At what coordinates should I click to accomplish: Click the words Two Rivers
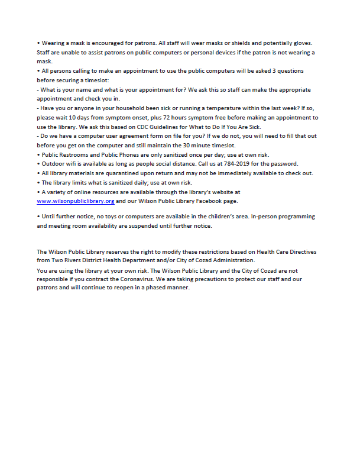(64, 260)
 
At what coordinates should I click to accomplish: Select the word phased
(152, 288)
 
